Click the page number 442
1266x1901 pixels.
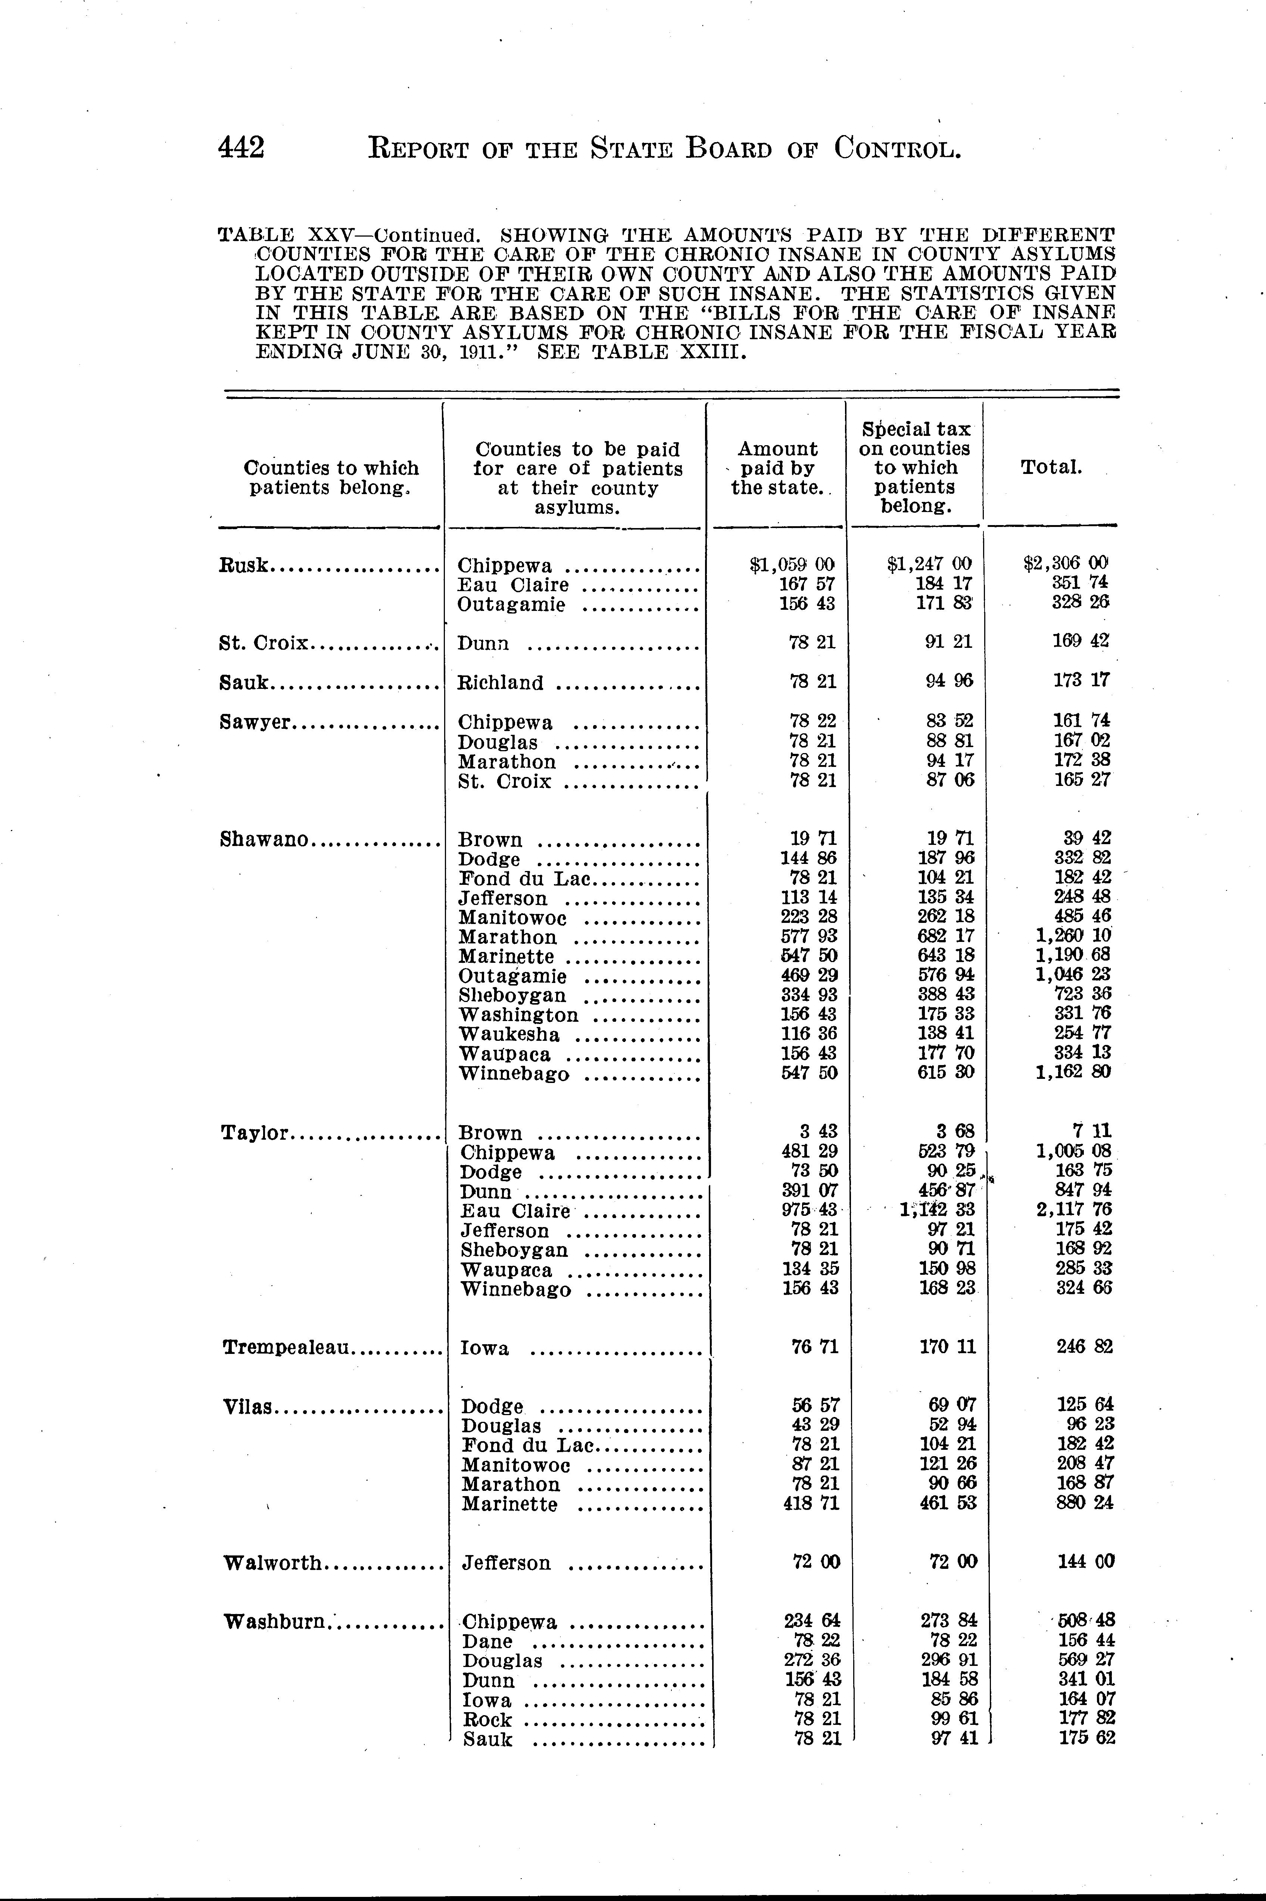click(x=241, y=148)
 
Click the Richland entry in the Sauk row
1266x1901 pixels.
click(x=501, y=683)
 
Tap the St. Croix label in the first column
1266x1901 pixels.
click(x=263, y=643)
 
